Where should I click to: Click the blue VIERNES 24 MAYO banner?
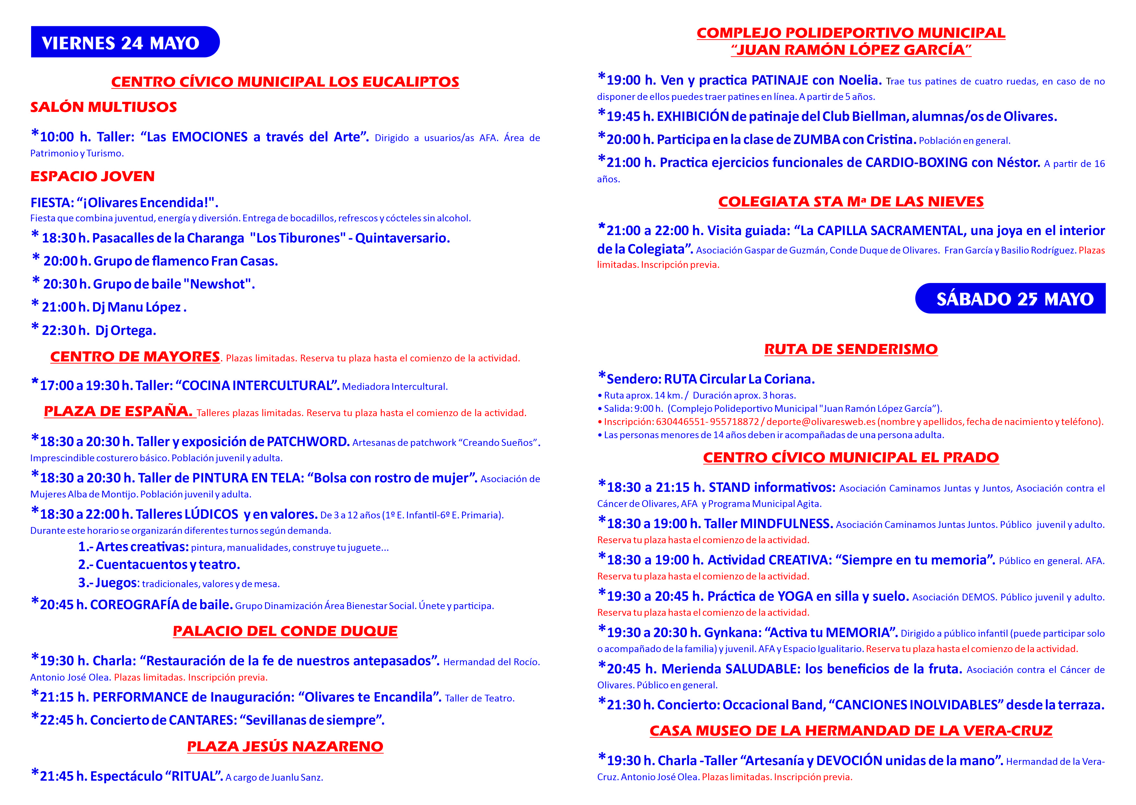[124, 42]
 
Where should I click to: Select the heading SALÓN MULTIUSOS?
[104, 107]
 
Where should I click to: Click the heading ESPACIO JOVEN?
[93, 176]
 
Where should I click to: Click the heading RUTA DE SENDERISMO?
[851, 349]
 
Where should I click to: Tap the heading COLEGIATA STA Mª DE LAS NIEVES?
[851, 202]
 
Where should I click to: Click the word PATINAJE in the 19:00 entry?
[779, 80]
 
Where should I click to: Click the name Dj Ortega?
[126, 331]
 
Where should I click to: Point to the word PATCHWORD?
[308, 442]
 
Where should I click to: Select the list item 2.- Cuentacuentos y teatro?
[159, 564]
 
